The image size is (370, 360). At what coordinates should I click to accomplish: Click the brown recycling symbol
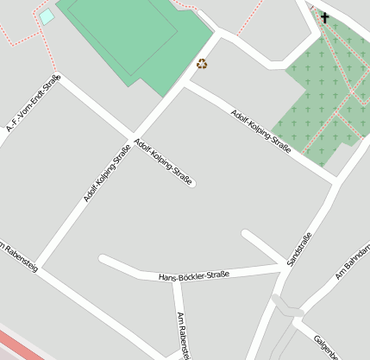(x=202, y=63)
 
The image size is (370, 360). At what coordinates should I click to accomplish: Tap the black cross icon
(x=325, y=16)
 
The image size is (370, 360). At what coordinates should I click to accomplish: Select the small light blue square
(x=46, y=16)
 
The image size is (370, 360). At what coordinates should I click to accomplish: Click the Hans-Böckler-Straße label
(x=194, y=275)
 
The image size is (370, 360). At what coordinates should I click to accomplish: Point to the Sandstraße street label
(x=298, y=249)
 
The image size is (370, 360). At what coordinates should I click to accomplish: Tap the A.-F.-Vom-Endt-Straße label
(x=33, y=104)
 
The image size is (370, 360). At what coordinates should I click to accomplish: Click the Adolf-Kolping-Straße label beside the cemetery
(x=260, y=131)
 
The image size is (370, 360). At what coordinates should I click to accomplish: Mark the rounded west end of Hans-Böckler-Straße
(x=103, y=259)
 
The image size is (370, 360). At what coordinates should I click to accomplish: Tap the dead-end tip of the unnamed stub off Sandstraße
(x=246, y=233)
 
